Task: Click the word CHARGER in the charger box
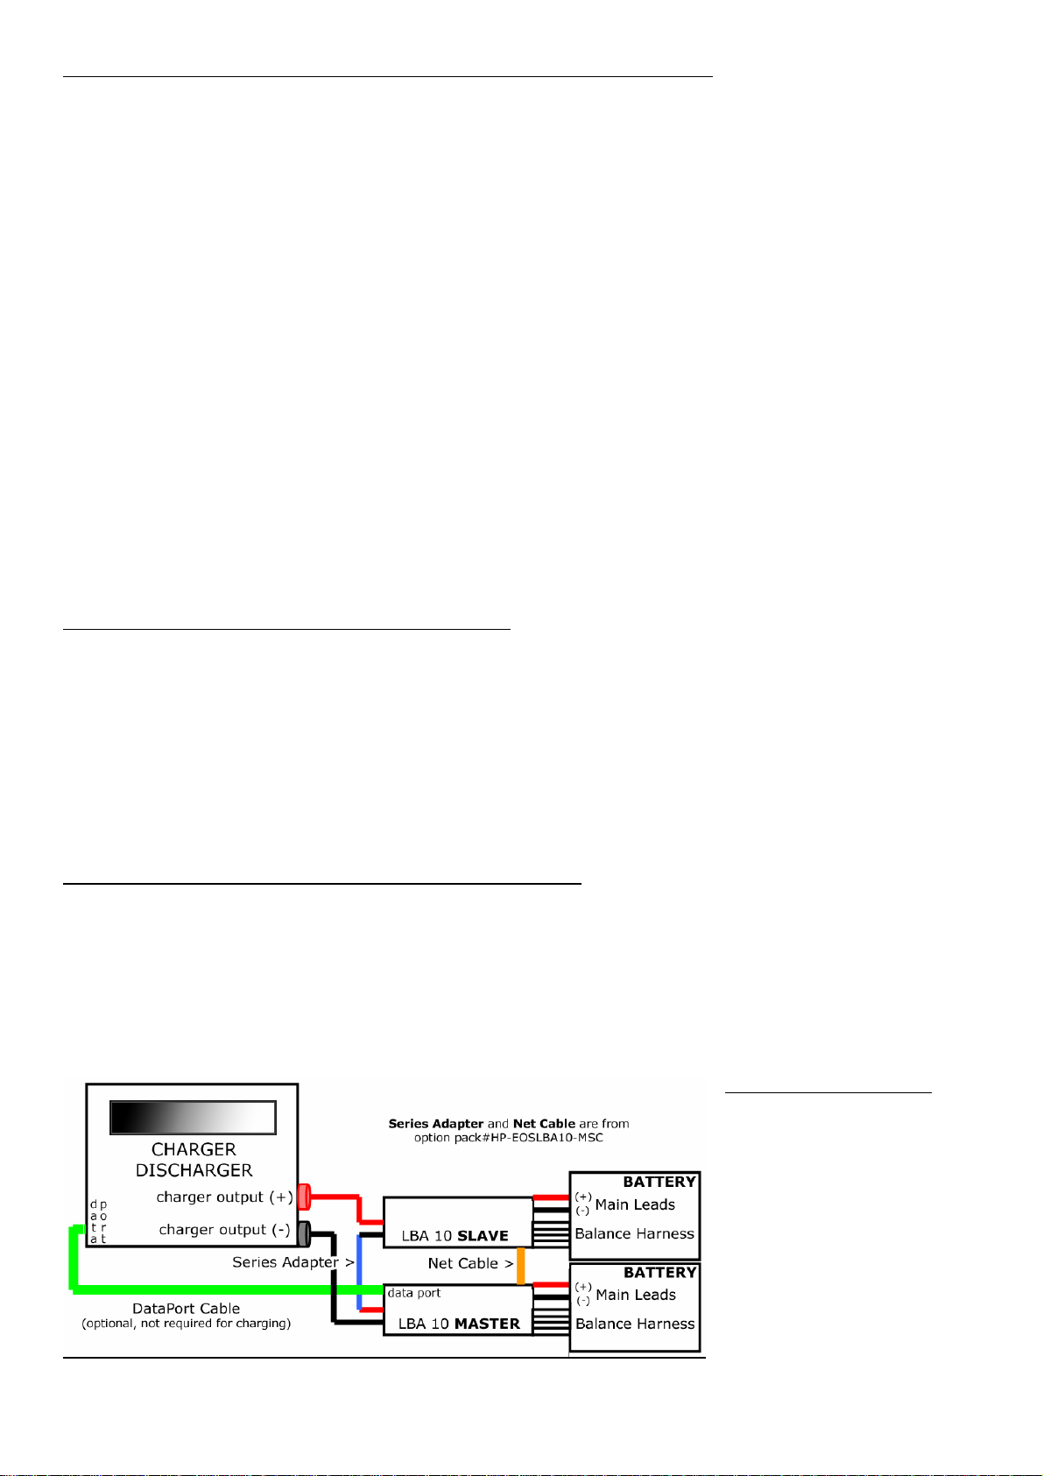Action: tap(194, 1149)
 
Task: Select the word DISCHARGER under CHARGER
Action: tap(194, 1170)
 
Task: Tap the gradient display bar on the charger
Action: tap(193, 1118)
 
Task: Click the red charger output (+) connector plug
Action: tap(304, 1197)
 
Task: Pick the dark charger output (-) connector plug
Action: tap(304, 1233)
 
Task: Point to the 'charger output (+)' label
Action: tap(224, 1197)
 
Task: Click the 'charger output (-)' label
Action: tap(224, 1230)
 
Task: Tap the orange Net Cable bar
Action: tap(520, 1266)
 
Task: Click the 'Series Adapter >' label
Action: tap(292, 1262)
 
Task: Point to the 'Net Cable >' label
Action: tap(470, 1263)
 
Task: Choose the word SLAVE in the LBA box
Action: tap(483, 1236)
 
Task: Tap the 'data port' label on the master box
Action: tap(414, 1293)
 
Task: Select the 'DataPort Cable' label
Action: tap(186, 1309)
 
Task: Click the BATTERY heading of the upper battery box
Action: tap(659, 1182)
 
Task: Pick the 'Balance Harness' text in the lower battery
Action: tap(635, 1324)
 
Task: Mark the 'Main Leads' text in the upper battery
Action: tap(635, 1204)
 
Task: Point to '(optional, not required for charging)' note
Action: tap(186, 1324)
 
